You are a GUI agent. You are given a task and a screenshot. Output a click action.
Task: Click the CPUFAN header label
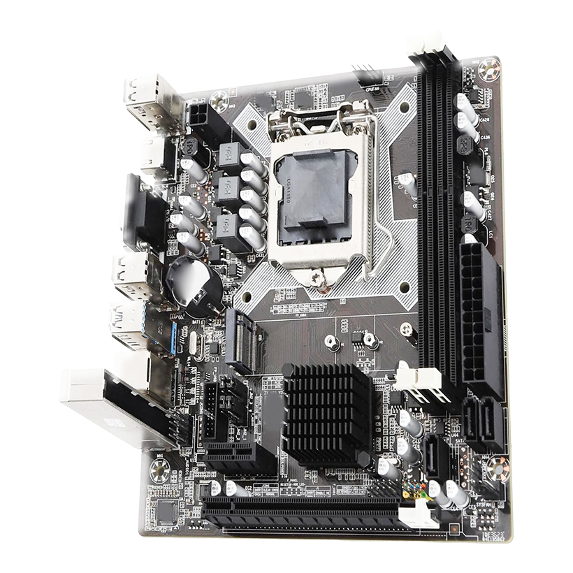tap(372, 88)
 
